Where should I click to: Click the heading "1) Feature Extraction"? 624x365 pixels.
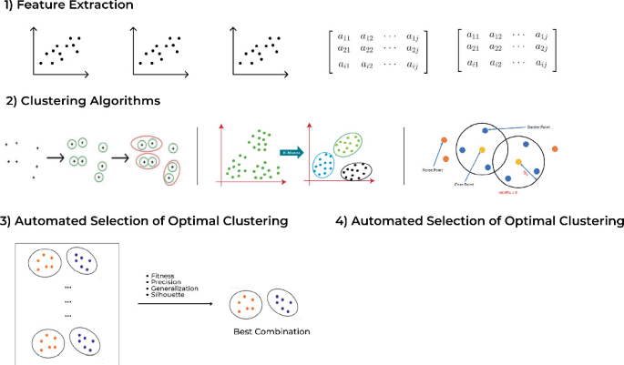pyautogui.click(x=67, y=7)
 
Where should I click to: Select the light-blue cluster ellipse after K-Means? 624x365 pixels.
pyautogui.click(x=323, y=164)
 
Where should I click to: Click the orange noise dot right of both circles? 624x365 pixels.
pyautogui.click(x=555, y=148)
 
